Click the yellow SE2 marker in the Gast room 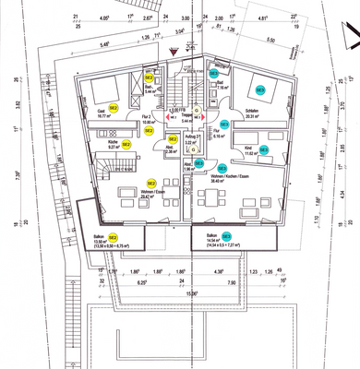point(113,108)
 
